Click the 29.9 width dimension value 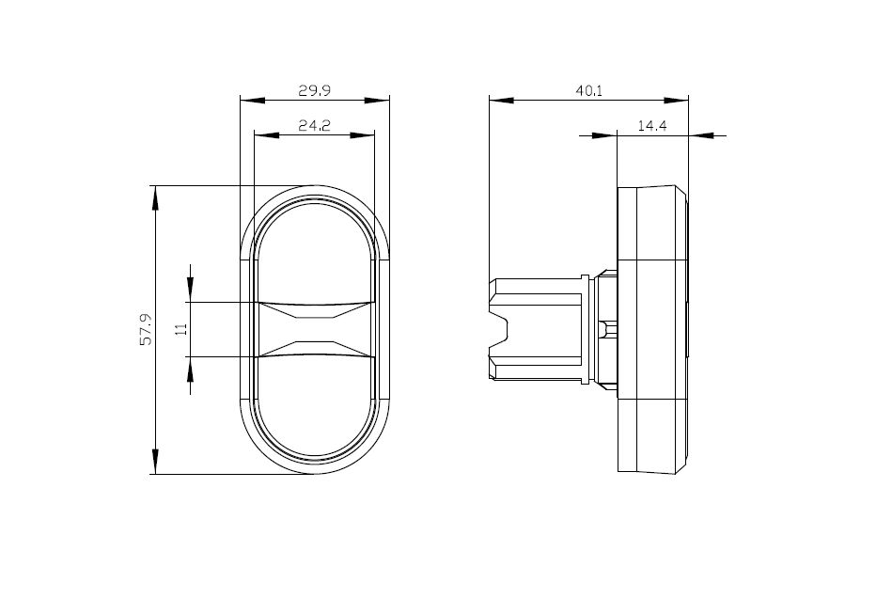(x=315, y=90)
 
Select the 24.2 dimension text (x=315, y=126)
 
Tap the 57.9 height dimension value (x=147, y=329)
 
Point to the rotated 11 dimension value (x=181, y=329)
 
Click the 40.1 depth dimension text (x=588, y=90)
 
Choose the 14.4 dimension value (x=652, y=126)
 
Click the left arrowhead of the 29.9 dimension (x=253, y=101)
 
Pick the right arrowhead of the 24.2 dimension (x=363, y=135)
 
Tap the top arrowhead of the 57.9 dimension (x=155, y=198)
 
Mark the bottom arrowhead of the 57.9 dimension (x=155, y=462)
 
